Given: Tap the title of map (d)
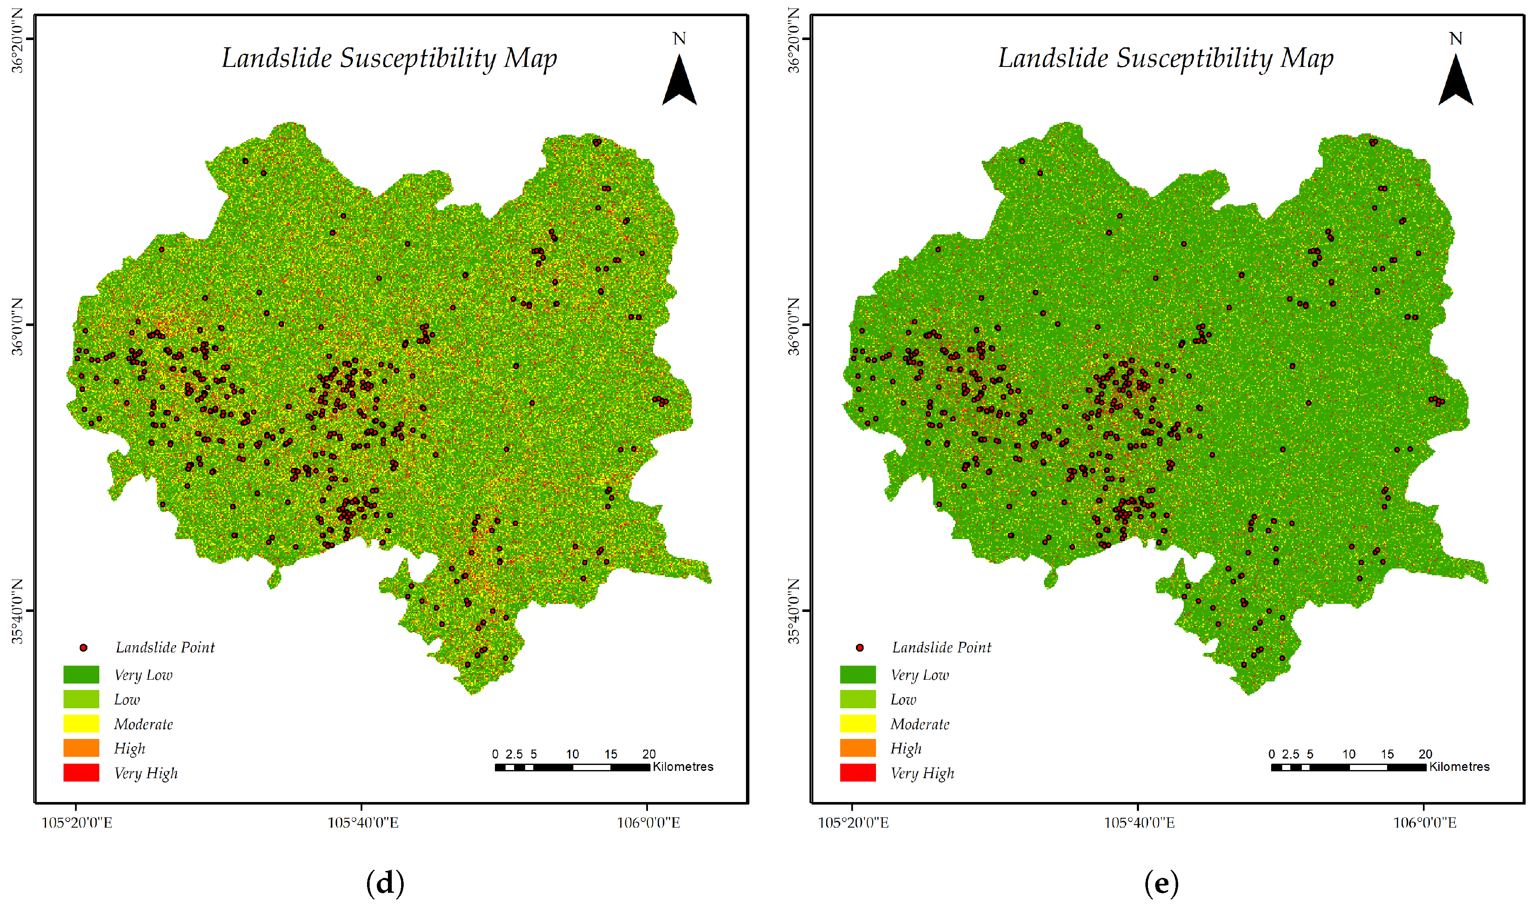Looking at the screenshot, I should click(x=389, y=59).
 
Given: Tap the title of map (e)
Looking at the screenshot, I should click(x=1165, y=59).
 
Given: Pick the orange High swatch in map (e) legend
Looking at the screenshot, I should click(x=857, y=748).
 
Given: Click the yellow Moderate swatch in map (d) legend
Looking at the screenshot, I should click(x=81, y=724).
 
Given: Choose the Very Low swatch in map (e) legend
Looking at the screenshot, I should click(x=857, y=675).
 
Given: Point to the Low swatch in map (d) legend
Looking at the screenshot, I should click(x=81, y=699).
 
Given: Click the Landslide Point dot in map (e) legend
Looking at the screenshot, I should click(x=860, y=648).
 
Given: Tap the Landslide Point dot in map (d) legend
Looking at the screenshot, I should click(x=84, y=648).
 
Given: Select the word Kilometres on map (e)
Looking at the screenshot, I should click(x=1459, y=767).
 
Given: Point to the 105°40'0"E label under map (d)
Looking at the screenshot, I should click(x=363, y=823).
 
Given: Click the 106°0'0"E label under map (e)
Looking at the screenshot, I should click(x=1425, y=823).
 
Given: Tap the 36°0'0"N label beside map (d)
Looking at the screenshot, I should click(x=18, y=326).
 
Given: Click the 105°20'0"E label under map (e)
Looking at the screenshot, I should click(x=853, y=823).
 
